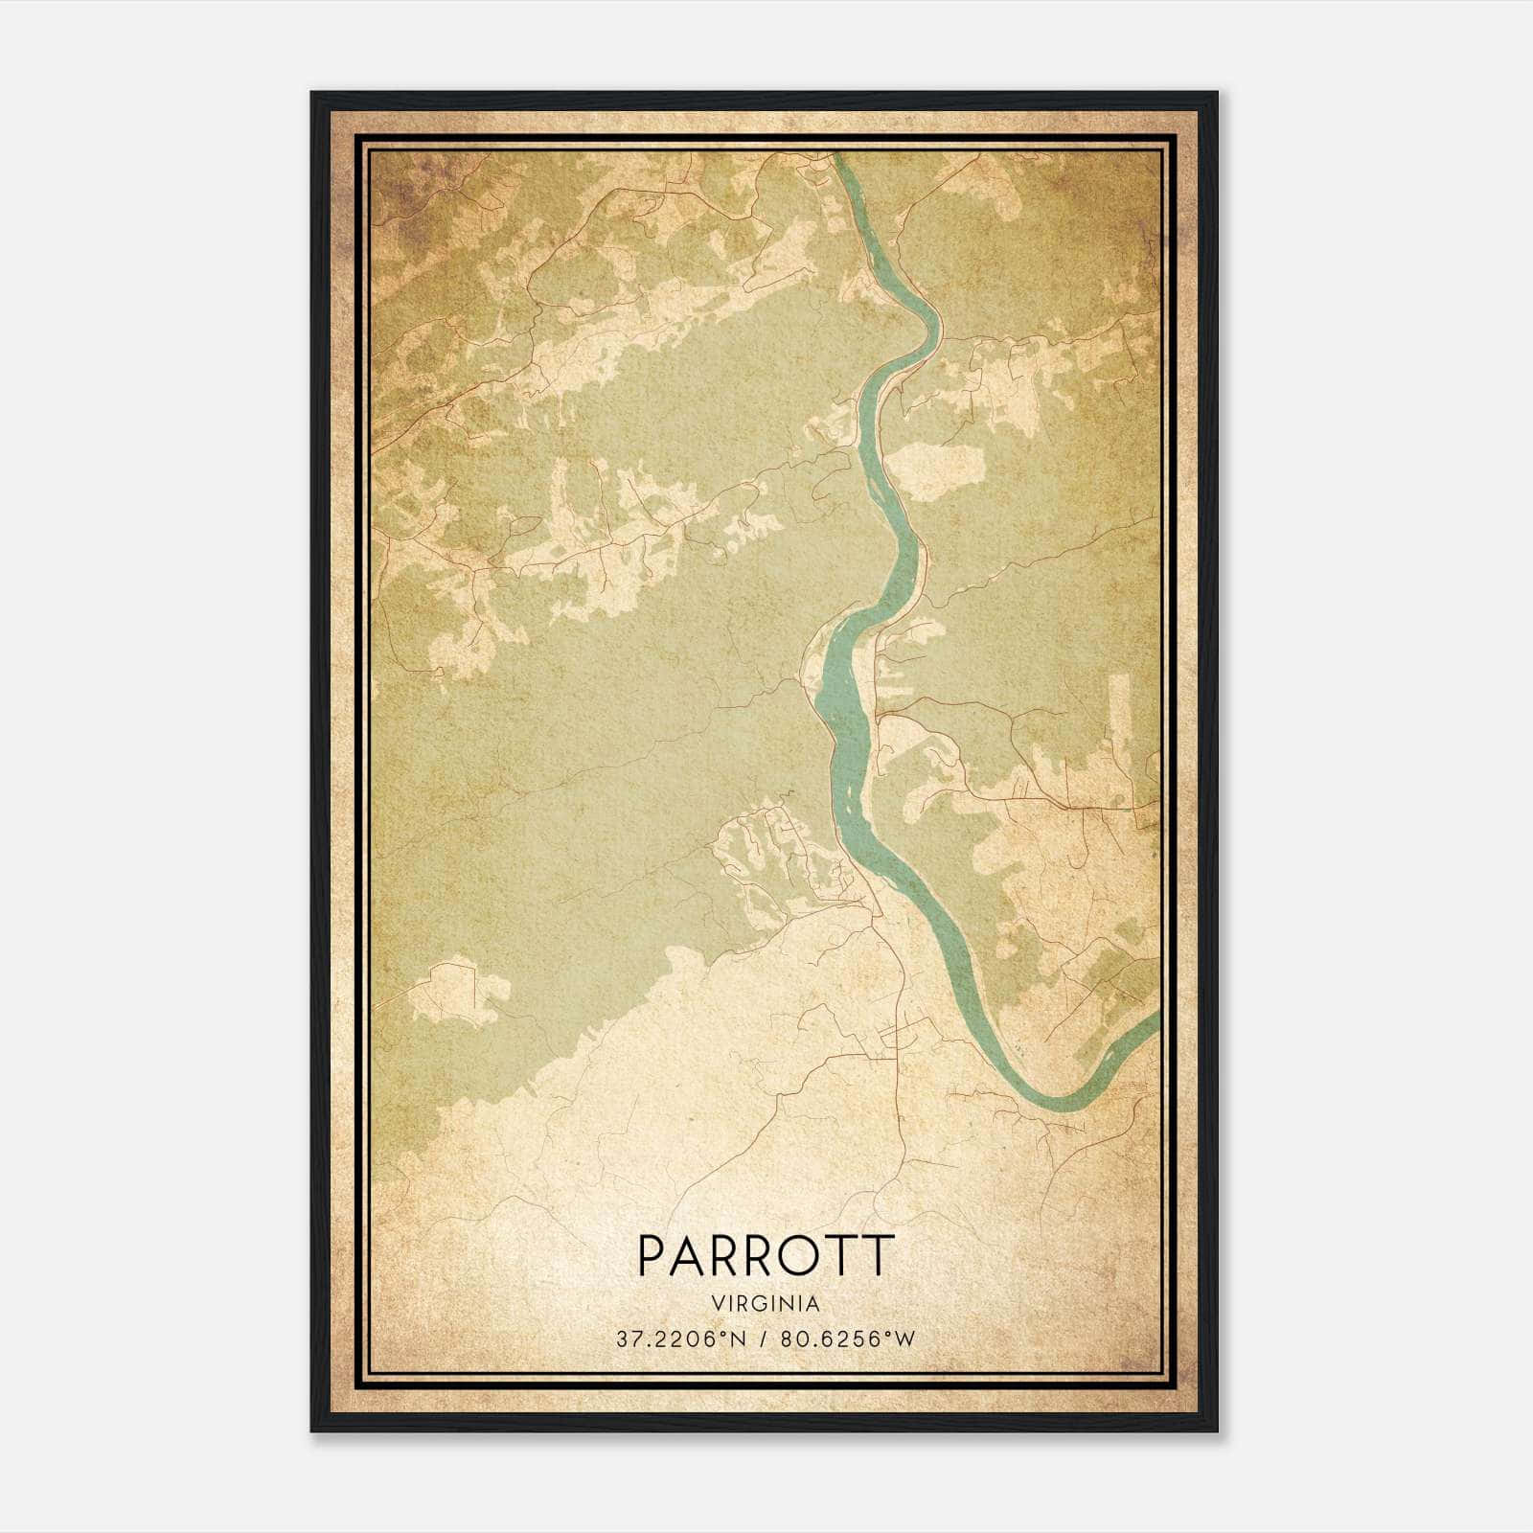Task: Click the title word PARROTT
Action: coord(766,1255)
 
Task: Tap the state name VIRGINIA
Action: coord(766,1304)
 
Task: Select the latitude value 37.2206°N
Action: coord(679,1339)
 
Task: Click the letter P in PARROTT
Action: coord(651,1255)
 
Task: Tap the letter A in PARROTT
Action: coord(688,1255)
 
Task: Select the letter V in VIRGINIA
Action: coord(719,1304)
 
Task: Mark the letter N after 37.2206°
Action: coord(736,1339)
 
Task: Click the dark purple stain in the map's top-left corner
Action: coord(393,192)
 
